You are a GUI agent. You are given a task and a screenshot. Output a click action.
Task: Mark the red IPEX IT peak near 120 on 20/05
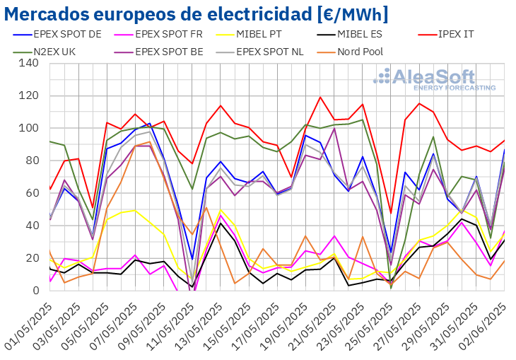320,98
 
